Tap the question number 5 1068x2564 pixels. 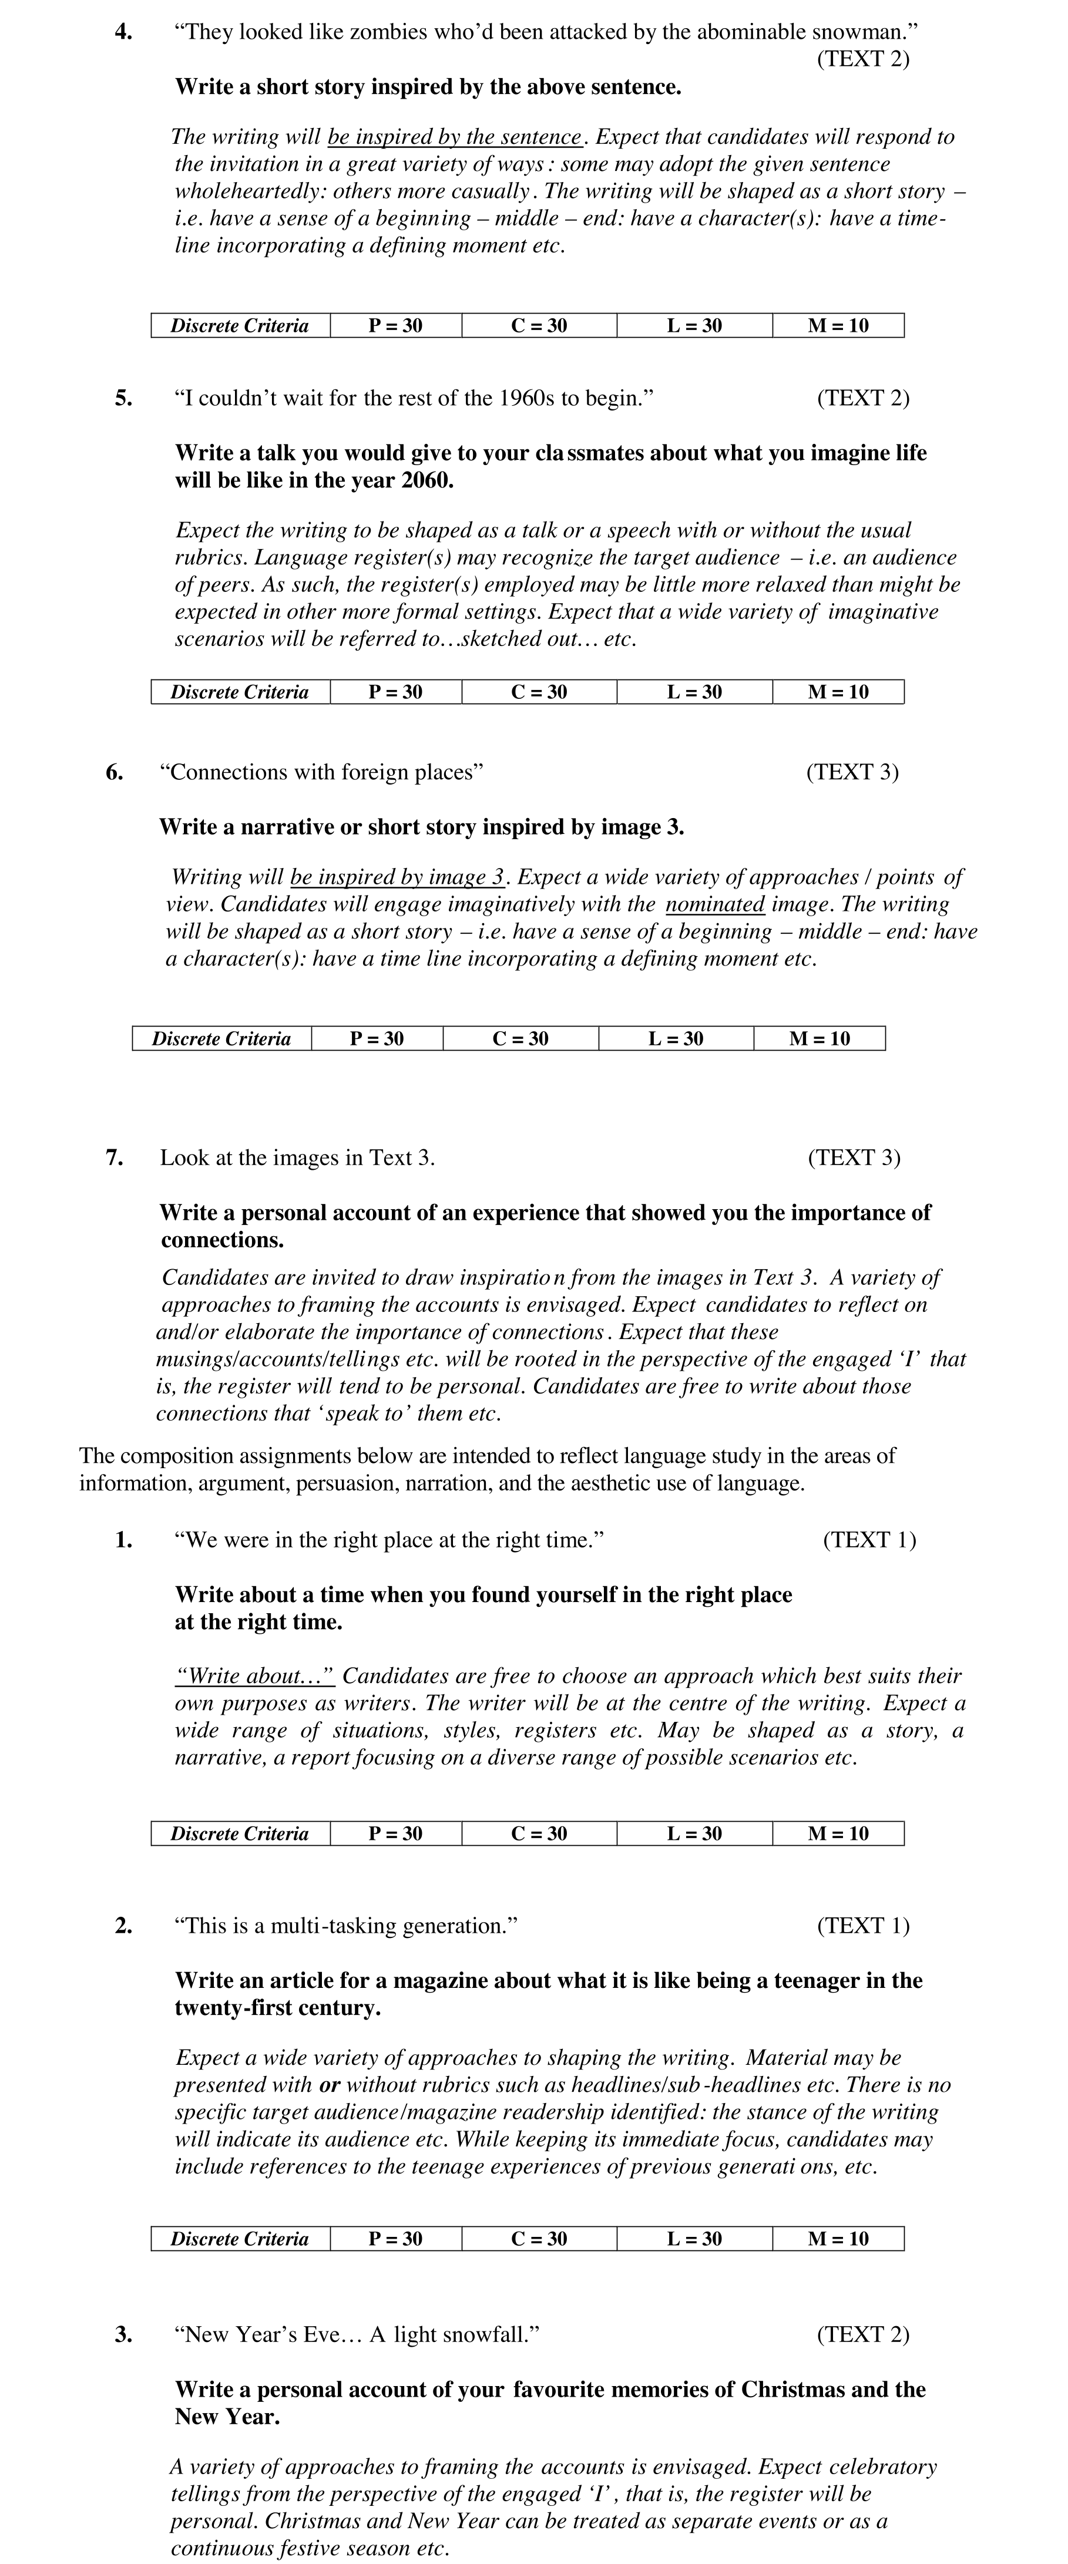[123, 398]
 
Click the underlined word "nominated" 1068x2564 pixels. [715, 905]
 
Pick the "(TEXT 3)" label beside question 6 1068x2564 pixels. [852, 772]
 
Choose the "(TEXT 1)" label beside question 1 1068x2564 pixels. [869, 1540]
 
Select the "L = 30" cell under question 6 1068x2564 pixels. [675, 1039]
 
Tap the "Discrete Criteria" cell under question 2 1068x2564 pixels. [239, 2239]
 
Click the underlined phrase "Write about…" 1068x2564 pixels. [254, 1676]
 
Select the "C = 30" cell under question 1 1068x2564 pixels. [539, 1833]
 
